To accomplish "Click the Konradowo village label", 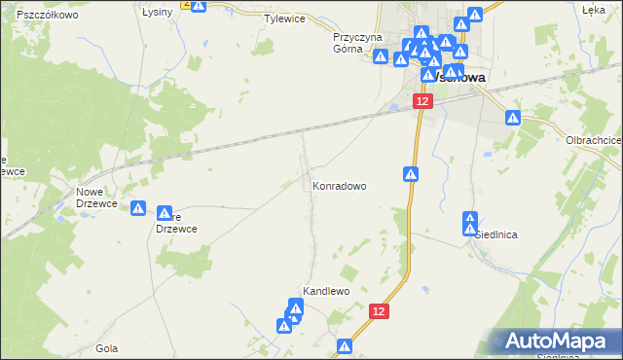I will (x=339, y=186).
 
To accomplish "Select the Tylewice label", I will (x=284, y=18).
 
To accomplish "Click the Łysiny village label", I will (x=157, y=12).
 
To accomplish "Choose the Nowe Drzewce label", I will (x=95, y=198).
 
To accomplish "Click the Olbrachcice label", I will (x=594, y=140).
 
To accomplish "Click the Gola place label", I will (x=107, y=347).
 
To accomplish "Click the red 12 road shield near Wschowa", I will (x=421, y=100).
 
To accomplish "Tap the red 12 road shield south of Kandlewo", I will (x=380, y=310).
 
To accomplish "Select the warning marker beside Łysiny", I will (x=199, y=6).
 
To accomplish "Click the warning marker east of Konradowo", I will (x=412, y=174).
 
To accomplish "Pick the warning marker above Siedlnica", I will (x=470, y=220).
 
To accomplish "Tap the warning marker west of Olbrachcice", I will (x=514, y=118).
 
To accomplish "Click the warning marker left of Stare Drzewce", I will (x=139, y=209).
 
